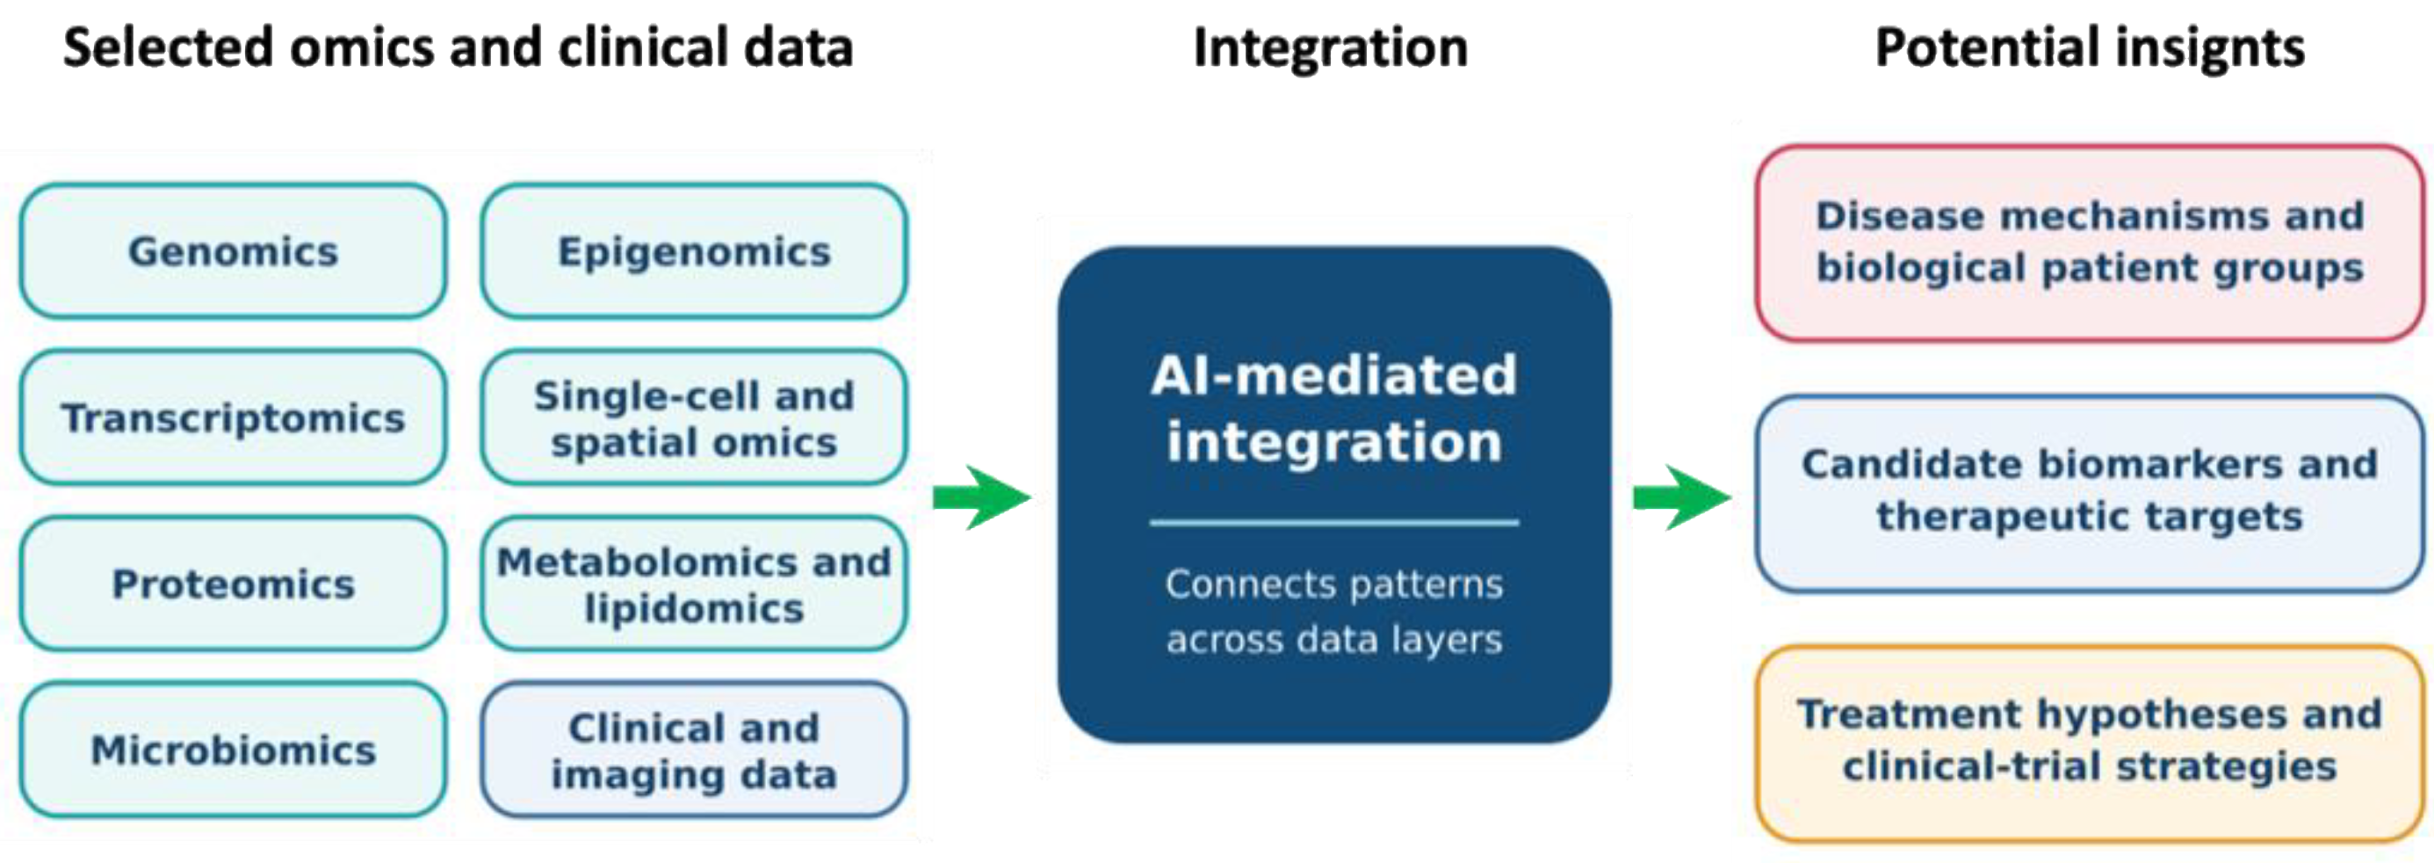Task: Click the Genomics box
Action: pos(233,251)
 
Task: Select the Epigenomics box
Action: pos(694,251)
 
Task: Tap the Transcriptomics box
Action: pos(233,417)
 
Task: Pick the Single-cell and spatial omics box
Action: pos(694,417)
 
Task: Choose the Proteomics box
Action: pos(233,584)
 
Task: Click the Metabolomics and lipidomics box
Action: pos(694,584)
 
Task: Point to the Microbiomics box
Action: pos(233,750)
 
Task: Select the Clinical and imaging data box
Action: pos(694,750)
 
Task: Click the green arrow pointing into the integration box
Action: pos(981,497)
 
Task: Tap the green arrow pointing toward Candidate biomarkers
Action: pos(1682,497)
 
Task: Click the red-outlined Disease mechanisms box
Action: pos(2090,243)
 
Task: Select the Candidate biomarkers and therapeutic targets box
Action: pos(2090,492)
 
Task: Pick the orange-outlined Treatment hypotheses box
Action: pos(2090,742)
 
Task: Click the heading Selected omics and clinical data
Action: pos(459,48)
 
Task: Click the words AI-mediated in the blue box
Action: pos(1334,374)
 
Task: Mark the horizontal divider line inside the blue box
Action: pos(1334,522)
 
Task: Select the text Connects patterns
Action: pos(1334,585)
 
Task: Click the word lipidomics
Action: pos(694,609)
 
